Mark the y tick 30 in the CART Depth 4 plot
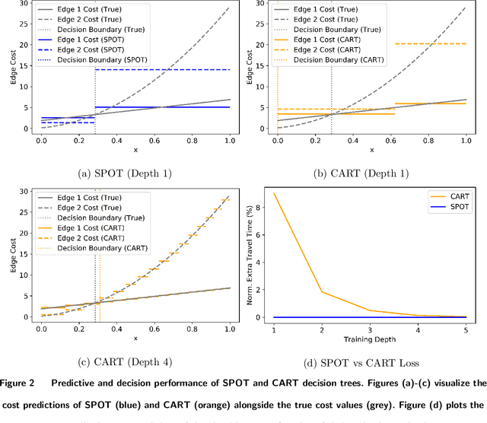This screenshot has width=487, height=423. coord(24,191)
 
